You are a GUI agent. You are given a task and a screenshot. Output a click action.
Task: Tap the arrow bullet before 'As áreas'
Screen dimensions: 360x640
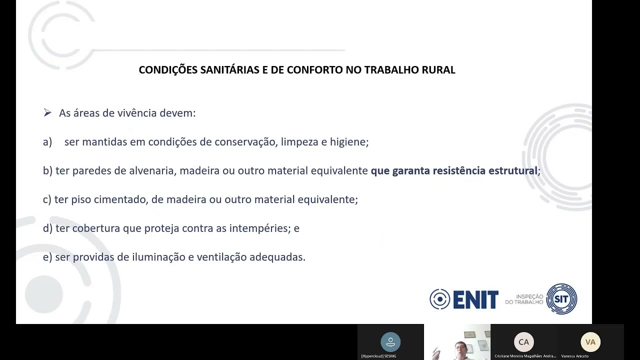tap(47, 113)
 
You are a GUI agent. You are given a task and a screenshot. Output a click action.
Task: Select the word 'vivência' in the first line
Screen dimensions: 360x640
tap(136, 113)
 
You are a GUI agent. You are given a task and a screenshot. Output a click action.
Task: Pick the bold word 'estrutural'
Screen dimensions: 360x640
tap(513, 171)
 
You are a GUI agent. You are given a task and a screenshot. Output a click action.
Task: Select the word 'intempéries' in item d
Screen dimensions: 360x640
tap(257, 228)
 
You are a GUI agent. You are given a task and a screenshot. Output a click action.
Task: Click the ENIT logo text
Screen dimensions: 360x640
tap(475, 299)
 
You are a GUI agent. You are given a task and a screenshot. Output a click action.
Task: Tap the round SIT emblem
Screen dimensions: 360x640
tap(561, 299)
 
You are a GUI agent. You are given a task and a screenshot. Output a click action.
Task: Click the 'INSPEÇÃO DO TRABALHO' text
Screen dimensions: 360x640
tap(524, 299)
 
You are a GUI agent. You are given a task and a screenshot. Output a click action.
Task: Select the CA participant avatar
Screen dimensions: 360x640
tap(523, 342)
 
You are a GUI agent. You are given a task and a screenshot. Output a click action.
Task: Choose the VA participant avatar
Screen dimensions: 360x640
tap(590, 342)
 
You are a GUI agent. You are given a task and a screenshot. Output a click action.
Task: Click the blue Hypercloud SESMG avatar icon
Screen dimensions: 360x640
tap(390, 342)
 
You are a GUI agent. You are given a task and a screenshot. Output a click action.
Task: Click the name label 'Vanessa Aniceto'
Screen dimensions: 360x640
tap(575, 356)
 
